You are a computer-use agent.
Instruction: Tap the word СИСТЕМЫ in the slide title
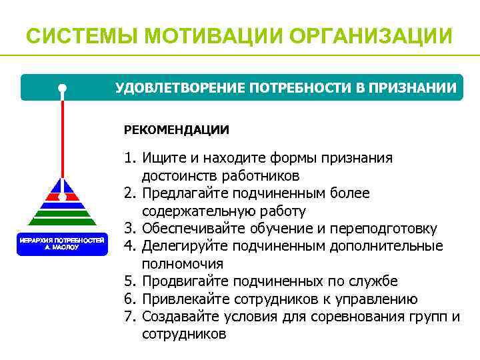[73, 35]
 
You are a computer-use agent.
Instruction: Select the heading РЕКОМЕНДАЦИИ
[176, 129]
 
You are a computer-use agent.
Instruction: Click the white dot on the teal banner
[62, 88]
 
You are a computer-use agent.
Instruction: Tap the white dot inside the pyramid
[62, 197]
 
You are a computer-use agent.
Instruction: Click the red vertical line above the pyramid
[62, 140]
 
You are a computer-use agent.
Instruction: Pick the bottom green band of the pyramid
[62, 222]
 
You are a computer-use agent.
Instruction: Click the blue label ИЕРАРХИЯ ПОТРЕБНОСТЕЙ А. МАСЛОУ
[62, 243]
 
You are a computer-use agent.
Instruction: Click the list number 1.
[129, 158]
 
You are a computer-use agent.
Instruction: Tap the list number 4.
[129, 247]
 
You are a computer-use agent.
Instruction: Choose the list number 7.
[129, 316]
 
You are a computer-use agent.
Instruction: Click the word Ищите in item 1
[160, 158]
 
